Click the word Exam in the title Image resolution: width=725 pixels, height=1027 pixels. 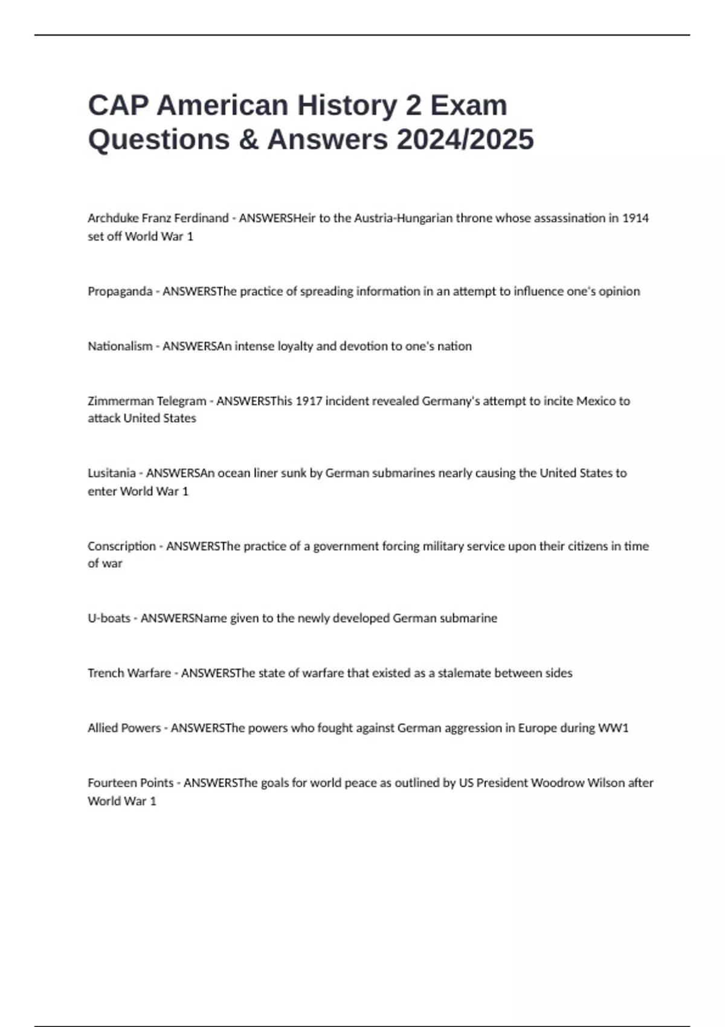[x=469, y=105]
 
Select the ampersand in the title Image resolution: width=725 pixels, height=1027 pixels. [x=248, y=140]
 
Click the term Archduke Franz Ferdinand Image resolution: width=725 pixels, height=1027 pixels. [x=158, y=218]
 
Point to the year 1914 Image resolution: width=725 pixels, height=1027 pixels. [x=635, y=218]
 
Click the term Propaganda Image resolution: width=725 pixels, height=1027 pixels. [x=120, y=291]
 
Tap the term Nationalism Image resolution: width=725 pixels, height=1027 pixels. [x=120, y=346]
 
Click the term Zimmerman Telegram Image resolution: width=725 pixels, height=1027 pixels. [x=147, y=401]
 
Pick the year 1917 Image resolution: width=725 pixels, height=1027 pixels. [x=309, y=401]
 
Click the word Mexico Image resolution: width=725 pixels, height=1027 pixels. [x=596, y=401]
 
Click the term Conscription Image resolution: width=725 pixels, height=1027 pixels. [x=121, y=546]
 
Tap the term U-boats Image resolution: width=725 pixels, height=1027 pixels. [x=109, y=618]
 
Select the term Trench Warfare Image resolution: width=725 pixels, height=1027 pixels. [x=129, y=673]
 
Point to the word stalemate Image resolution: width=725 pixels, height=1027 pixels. [x=464, y=673]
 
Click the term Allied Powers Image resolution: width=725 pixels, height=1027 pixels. [x=124, y=728]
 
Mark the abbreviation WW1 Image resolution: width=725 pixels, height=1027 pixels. [x=613, y=728]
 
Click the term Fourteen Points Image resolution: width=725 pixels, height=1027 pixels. [x=130, y=783]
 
